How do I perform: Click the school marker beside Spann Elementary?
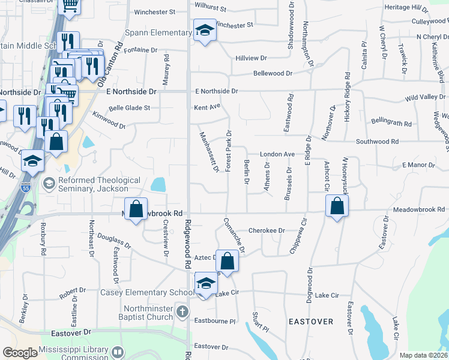[205, 31]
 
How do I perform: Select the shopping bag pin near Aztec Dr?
[228, 261]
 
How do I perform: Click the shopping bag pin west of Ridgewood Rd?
[136, 210]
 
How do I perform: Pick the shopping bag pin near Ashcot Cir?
[337, 206]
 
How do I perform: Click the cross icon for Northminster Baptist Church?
[184, 312]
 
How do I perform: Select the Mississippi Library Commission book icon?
[118, 352]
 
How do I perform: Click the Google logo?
[20, 352]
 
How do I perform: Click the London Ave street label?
[277, 154]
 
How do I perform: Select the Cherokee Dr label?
[266, 230]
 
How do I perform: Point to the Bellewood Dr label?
[273, 73]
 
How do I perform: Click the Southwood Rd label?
[377, 142]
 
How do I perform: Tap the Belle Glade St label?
[129, 109]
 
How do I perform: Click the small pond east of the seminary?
[158, 184]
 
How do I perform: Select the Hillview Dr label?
[251, 58]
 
